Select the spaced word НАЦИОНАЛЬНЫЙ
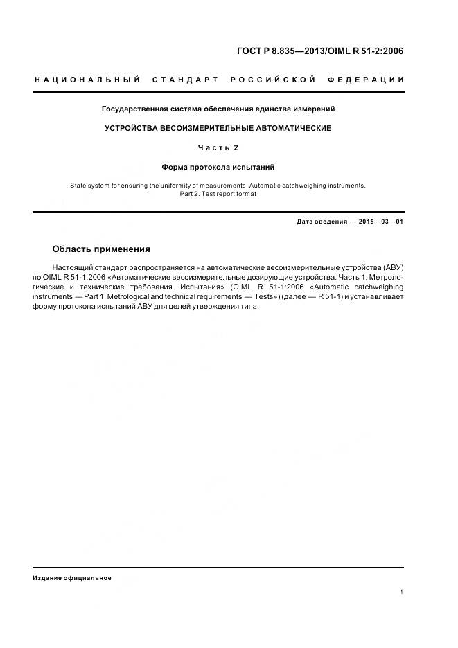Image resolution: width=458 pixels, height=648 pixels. click(x=88, y=80)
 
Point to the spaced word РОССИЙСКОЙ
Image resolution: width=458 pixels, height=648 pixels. click(x=273, y=80)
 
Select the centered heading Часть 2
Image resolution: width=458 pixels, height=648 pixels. click(x=218, y=147)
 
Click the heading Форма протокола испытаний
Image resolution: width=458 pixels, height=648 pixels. click(x=218, y=167)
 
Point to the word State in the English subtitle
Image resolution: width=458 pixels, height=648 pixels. click(x=79, y=186)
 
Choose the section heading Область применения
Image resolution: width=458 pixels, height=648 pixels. click(x=101, y=249)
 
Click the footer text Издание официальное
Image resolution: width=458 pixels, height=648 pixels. click(x=72, y=578)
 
